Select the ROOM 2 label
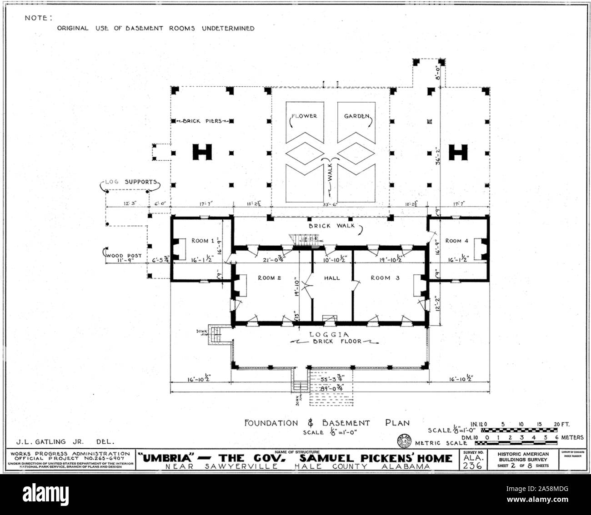(x=270, y=278)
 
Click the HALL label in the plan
(x=332, y=278)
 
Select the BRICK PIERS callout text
(x=202, y=121)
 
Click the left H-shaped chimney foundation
(x=203, y=152)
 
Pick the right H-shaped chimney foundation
(x=458, y=152)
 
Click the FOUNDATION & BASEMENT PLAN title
(x=327, y=423)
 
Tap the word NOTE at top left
(x=39, y=18)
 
